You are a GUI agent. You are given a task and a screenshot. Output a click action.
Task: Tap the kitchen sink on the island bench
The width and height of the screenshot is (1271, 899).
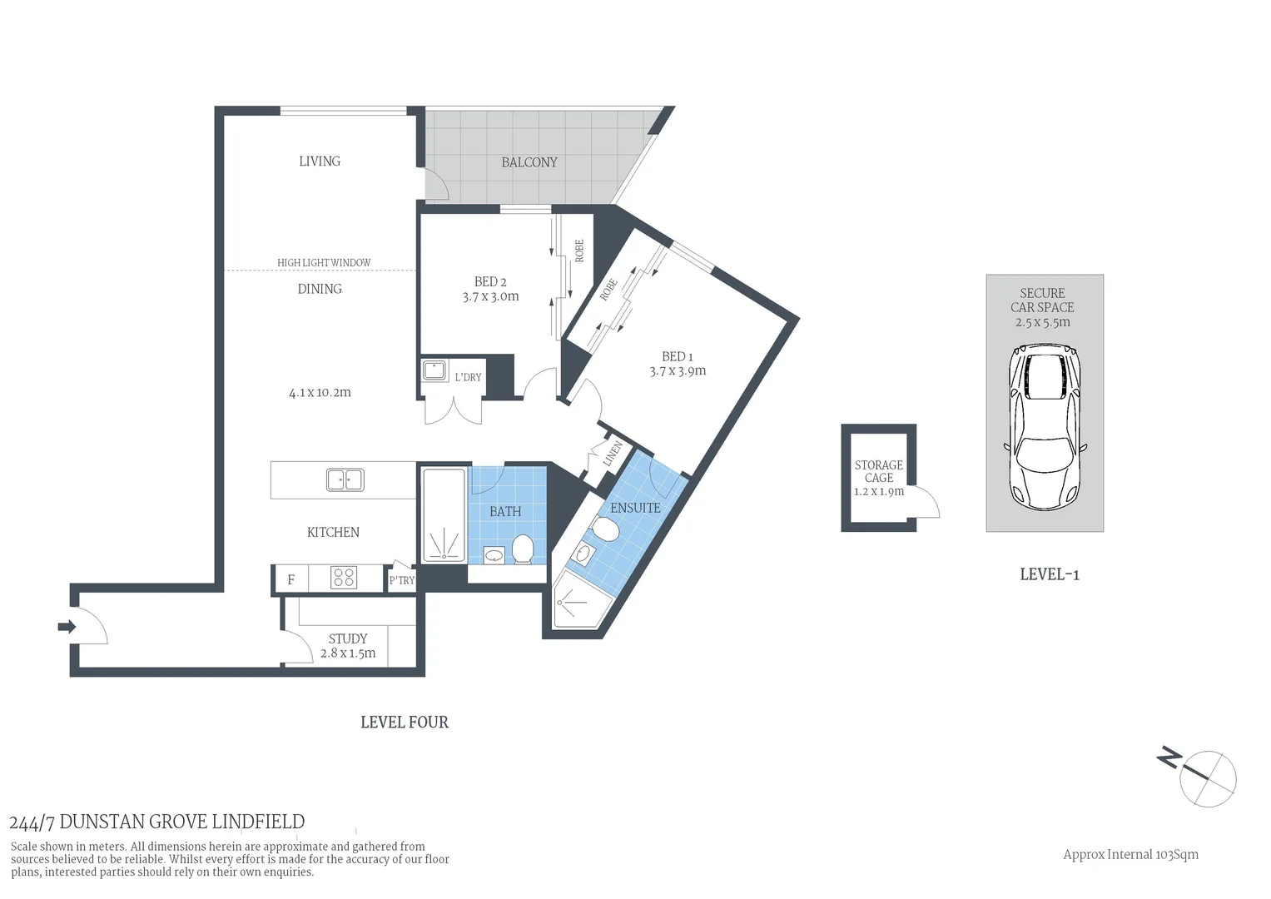click(x=345, y=480)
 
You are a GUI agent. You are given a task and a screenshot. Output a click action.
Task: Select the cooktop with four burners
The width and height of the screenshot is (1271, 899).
click(x=344, y=578)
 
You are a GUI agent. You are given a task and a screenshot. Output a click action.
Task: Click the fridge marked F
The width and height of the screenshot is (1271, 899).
click(x=290, y=579)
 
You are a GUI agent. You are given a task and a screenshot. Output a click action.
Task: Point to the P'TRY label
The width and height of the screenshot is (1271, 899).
click(x=402, y=580)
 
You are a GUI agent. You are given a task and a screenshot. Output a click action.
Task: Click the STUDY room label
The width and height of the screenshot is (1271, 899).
click(x=348, y=638)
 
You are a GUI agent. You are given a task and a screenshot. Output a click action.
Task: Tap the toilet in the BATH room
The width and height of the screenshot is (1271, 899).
click(x=523, y=549)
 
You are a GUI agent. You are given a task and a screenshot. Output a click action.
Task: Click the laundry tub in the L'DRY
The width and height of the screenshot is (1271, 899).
click(x=434, y=371)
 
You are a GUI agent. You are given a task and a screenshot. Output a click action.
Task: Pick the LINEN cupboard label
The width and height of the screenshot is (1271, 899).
click(x=613, y=454)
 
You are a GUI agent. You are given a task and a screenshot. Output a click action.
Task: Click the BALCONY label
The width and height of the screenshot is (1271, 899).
click(x=529, y=162)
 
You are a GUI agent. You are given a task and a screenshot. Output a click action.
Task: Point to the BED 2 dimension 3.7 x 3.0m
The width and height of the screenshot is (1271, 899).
click(x=490, y=296)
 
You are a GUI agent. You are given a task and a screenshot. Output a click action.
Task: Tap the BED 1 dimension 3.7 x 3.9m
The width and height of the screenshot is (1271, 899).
click(x=678, y=371)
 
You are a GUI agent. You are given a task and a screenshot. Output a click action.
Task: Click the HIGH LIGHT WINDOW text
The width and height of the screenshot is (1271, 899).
click(x=324, y=262)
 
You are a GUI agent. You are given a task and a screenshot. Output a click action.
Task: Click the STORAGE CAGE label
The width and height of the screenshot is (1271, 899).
click(x=879, y=471)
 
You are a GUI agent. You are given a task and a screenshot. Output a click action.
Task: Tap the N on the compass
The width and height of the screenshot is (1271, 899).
click(x=1169, y=758)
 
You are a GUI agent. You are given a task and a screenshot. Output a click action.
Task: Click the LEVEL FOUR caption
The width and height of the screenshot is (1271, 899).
click(x=405, y=723)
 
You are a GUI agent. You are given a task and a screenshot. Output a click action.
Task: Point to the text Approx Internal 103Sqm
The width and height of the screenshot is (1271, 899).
click(x=1130, y=854)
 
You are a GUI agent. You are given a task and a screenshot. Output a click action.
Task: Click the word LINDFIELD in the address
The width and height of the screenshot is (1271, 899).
click(x=258, y=822)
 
